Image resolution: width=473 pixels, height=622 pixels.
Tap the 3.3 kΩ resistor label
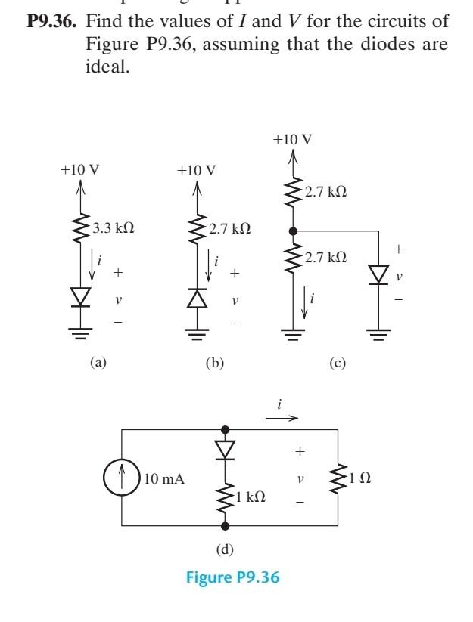113,228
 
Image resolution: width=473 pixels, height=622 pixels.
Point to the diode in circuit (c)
378,275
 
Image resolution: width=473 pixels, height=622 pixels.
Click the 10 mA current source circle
122,479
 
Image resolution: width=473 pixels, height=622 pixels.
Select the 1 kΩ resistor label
250,497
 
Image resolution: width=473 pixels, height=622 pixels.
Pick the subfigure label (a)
98,363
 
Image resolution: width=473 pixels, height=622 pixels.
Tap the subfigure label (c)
337,363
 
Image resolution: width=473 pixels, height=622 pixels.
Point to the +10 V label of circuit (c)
293,140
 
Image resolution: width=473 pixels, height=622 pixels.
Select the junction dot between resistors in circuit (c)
293,230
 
